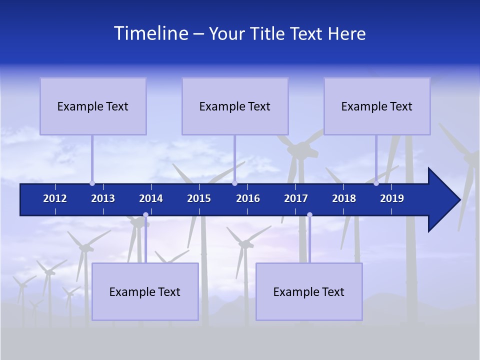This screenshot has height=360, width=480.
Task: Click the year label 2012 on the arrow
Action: (55, 198)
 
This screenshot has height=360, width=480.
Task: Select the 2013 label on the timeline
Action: (103, 198)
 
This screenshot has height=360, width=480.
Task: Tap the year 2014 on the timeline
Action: (151, 198)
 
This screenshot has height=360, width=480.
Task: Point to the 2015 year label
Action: (199, 198)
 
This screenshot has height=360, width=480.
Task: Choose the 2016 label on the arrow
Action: (248, 198)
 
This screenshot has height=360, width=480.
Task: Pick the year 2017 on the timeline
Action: (296, 198)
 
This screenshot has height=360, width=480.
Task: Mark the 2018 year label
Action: (344, 198)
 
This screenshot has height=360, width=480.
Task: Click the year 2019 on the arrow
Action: (392, 198)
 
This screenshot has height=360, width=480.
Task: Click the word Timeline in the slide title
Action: (151, 33)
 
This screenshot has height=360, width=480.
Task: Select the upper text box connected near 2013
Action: (93, 106)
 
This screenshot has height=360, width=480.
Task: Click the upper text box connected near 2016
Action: (235, 106)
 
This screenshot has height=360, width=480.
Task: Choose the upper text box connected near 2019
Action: (377, 106)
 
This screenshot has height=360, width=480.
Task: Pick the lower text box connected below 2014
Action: (145, 291)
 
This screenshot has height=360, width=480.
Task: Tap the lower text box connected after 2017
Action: (309, 291)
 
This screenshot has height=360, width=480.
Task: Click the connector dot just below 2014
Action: (145, 215)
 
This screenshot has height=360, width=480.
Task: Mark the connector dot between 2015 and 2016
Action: (234, 183)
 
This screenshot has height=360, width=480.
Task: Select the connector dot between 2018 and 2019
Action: (376, 183)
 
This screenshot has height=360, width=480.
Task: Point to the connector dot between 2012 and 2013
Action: (92, 183)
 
